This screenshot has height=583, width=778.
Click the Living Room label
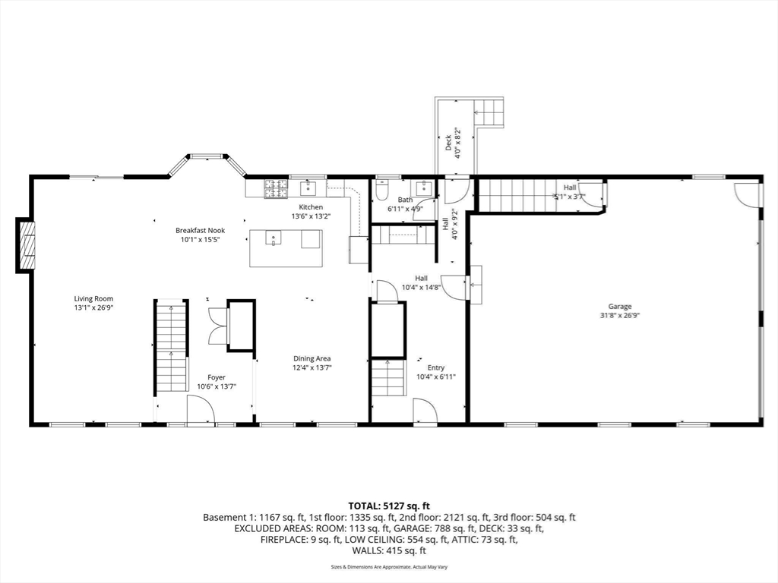93,298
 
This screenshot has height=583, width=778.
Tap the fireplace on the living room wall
26,245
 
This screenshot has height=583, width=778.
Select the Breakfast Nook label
200,230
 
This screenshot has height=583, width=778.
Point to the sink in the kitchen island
274,238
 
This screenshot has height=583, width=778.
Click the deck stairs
489,112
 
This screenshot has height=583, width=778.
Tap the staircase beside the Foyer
172,345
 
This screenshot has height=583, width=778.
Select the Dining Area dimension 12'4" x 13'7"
312,367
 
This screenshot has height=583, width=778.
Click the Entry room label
435,368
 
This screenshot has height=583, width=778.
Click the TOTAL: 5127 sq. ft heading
389,506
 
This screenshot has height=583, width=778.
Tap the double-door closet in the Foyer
217,325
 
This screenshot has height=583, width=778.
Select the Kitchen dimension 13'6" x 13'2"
311,216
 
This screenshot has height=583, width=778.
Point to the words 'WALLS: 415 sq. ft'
389,550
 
